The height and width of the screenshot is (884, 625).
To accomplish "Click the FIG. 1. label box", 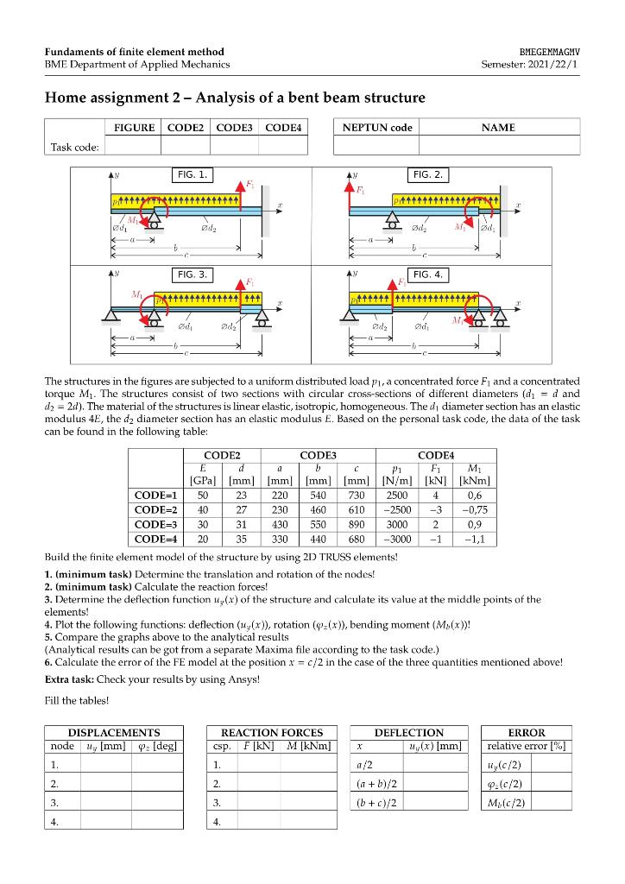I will click(192, 174).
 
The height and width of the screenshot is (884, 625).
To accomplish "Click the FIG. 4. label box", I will click(429, 275).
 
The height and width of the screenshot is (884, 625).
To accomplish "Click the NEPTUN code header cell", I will click(377, 128).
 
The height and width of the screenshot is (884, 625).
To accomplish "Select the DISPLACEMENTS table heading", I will click(114, 732).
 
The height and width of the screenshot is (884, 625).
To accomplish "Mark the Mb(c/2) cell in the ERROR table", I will click(507, 802).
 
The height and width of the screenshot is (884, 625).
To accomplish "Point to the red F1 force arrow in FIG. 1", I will click(242, 193).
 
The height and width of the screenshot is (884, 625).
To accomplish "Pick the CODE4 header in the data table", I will click(436, 454).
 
